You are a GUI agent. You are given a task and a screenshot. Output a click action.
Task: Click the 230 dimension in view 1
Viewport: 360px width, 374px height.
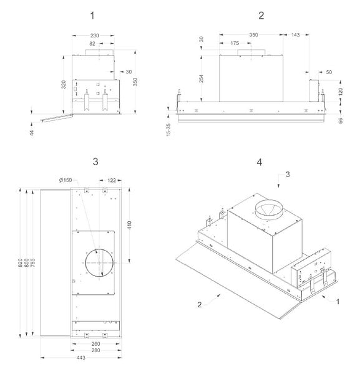[x=95, y=36]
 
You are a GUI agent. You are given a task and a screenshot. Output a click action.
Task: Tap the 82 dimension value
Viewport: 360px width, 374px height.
[x=92, y=44]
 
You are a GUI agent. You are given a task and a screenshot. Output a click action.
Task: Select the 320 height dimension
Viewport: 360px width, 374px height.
[x=64, y=85]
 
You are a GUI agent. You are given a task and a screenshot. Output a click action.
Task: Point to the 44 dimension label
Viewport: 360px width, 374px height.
[x=32, y=133]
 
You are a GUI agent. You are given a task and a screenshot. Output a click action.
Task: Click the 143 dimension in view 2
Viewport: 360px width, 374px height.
[x=295, y=35]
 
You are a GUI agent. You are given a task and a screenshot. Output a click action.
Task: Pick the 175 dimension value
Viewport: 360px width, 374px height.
[x=235, y=43]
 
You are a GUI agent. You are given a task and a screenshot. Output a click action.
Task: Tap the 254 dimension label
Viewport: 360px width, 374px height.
[x=202, y=79]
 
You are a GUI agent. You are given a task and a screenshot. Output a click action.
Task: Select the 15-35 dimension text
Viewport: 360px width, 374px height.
[x=168, y=130]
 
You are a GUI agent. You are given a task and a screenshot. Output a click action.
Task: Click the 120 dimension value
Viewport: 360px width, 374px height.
[x=341, y=92]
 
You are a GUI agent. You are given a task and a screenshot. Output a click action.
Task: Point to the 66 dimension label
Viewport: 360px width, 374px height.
[x=341, y=120]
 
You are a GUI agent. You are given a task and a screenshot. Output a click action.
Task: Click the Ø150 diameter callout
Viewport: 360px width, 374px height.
[x=66, y=180]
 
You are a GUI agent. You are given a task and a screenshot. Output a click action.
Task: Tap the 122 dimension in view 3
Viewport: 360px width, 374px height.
[x=112, y=180]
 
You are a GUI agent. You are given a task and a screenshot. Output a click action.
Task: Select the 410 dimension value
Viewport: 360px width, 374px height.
[x=129, y=225]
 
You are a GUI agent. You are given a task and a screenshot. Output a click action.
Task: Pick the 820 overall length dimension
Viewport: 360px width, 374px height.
[x=21, y=262]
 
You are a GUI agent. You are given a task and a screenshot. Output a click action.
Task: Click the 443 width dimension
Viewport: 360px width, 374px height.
[x=81, y=358]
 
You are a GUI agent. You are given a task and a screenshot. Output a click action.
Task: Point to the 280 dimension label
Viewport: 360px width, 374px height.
[x=95, y=350]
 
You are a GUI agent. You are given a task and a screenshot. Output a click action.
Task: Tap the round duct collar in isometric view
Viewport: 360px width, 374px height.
[x=269, y=202]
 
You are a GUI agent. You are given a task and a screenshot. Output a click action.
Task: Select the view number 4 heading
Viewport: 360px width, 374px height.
[x=260, y=162]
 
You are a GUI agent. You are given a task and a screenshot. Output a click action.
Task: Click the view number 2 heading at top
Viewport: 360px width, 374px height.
[x=261, y=16]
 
